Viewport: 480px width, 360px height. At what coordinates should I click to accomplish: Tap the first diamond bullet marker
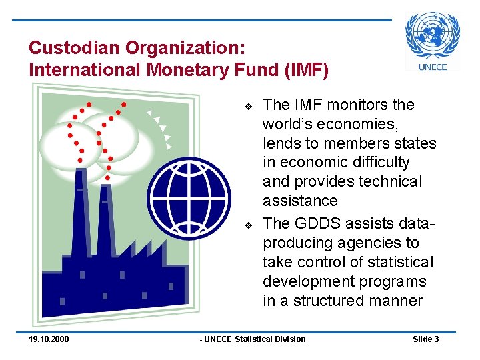pos(247,106)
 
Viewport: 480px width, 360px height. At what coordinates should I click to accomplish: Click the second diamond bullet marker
pos(247,224)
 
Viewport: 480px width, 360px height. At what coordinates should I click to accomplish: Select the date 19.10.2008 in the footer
pos(49,339)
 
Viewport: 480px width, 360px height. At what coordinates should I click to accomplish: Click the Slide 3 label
pos(425,339)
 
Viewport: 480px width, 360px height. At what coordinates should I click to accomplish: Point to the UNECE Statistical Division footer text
pos(254,339)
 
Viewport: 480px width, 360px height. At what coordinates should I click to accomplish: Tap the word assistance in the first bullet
pos(300,201)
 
